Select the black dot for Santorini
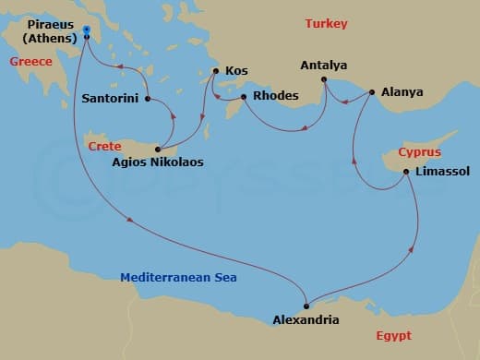[x=148, y=97]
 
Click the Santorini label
[x=112, y=97]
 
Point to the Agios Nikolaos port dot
[x=159, y=150]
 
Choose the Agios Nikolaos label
[x=159, y=162]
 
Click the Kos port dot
[x=215, y=70]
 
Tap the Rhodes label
[x=272, y=96]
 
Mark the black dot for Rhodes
[x=244, y=96]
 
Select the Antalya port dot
[x=324, y=79]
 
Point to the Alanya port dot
[x=372, y=92]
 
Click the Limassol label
[x=443, y=172]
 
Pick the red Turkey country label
[x=327, y=23]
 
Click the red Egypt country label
[x=394, y=336]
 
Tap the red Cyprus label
[x=420, y=151]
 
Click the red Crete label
[x=104, y=146]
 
